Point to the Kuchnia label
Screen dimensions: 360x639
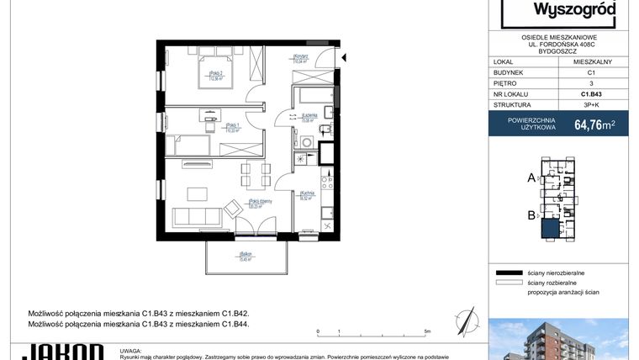pyautogui.click(x=307, y=197)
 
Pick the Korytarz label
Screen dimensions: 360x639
pyautogui.click(x=301, y=60)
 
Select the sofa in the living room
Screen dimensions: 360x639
pyautogui.click(x=199, y=218)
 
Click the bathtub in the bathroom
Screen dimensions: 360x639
pyautogui.click(x=312, y=94)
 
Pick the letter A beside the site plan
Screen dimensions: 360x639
pyautogui.click(x=531, y=177)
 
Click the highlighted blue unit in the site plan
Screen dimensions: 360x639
pyautogui.click(x=549, y=229)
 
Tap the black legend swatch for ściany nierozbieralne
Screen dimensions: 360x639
pyautogui.click(x=509, y=273)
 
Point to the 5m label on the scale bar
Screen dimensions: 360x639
pyautogui.click(x=427, y=331)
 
